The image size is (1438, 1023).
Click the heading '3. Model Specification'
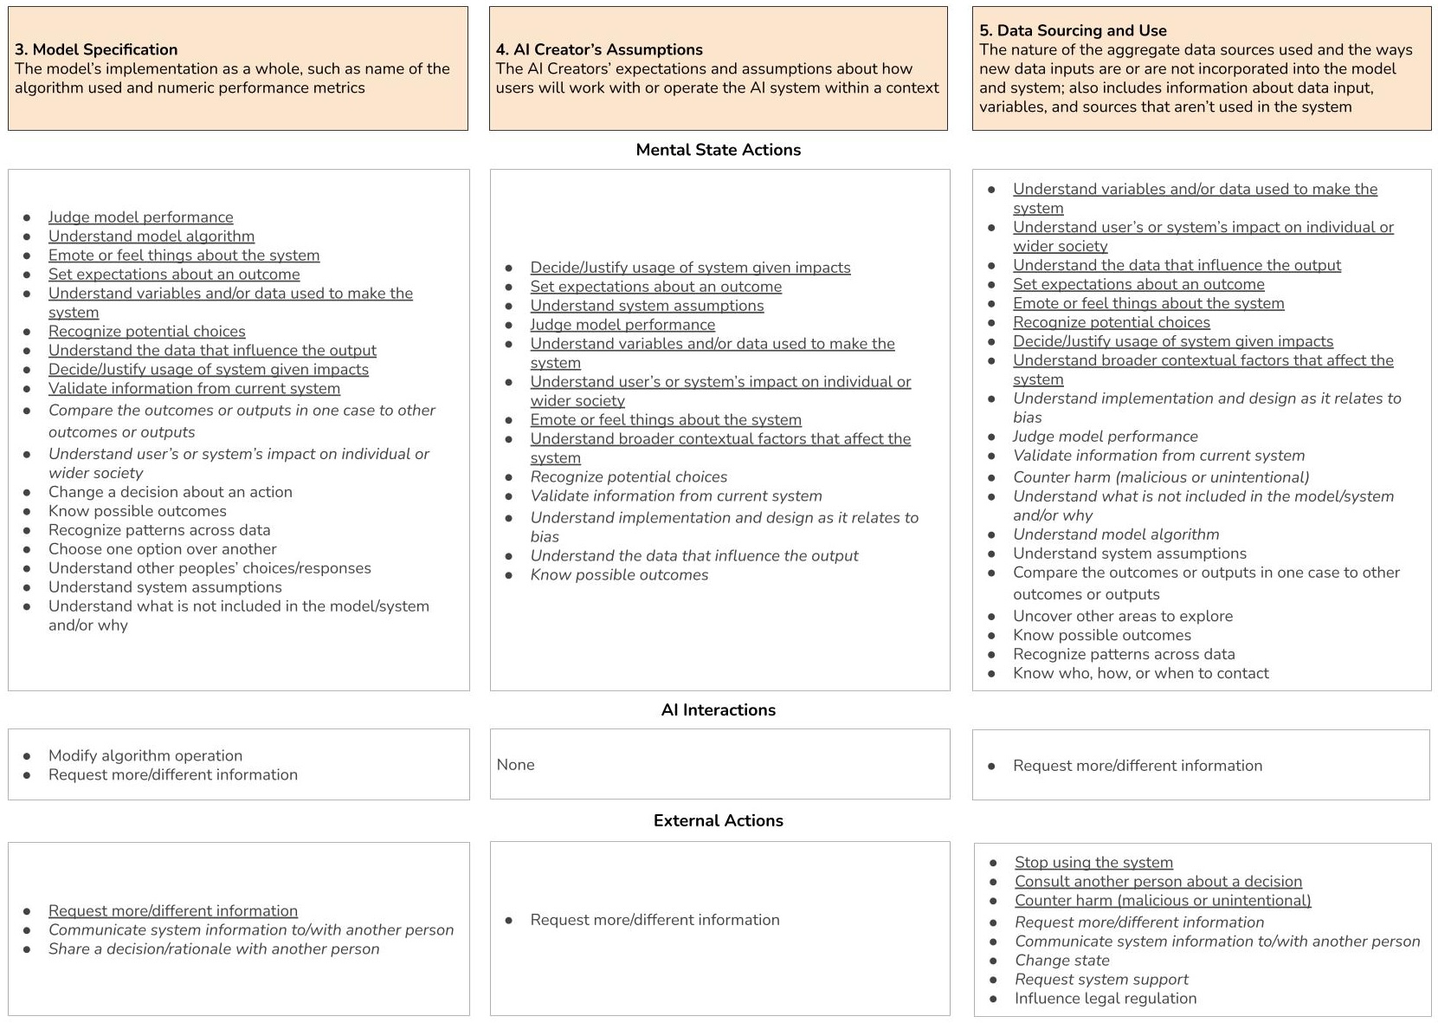(96, 49)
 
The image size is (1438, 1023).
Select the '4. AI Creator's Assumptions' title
(599, 49)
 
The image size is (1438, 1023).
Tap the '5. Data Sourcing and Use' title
(1073, 30)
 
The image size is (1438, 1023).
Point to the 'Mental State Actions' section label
(718, 150)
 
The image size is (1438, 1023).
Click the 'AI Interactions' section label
(718, 710)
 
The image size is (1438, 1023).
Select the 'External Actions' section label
(718, 821)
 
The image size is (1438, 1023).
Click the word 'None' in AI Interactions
(515, 765)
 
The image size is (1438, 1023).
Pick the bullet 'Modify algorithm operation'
(145, 755)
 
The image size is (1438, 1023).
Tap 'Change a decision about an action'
(170, 492)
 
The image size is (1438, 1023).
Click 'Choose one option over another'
(162, 549)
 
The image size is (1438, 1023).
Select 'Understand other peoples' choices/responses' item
(210, 568)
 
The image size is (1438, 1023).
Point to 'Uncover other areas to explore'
(1122, 616)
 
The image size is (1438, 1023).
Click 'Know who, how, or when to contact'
(1140, 673)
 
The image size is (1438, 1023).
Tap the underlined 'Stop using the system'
(1093, 863)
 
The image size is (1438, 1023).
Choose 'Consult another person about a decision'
(1157, 882)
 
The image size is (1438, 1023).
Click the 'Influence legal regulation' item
(1105, 999)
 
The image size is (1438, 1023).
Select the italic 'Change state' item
(1061, 961)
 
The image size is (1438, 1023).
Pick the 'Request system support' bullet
(1101, 980)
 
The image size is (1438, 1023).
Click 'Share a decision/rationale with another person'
(214, 949)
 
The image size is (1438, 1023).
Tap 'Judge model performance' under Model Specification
(140, 217)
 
